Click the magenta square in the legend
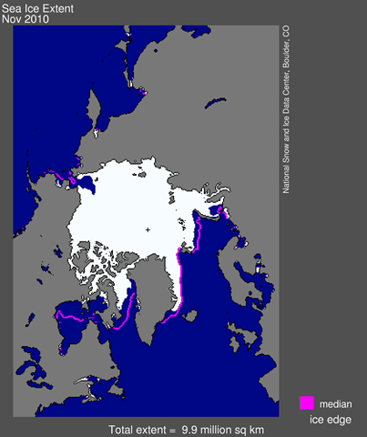click(307, 401)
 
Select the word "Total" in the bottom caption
click(124, 429)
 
